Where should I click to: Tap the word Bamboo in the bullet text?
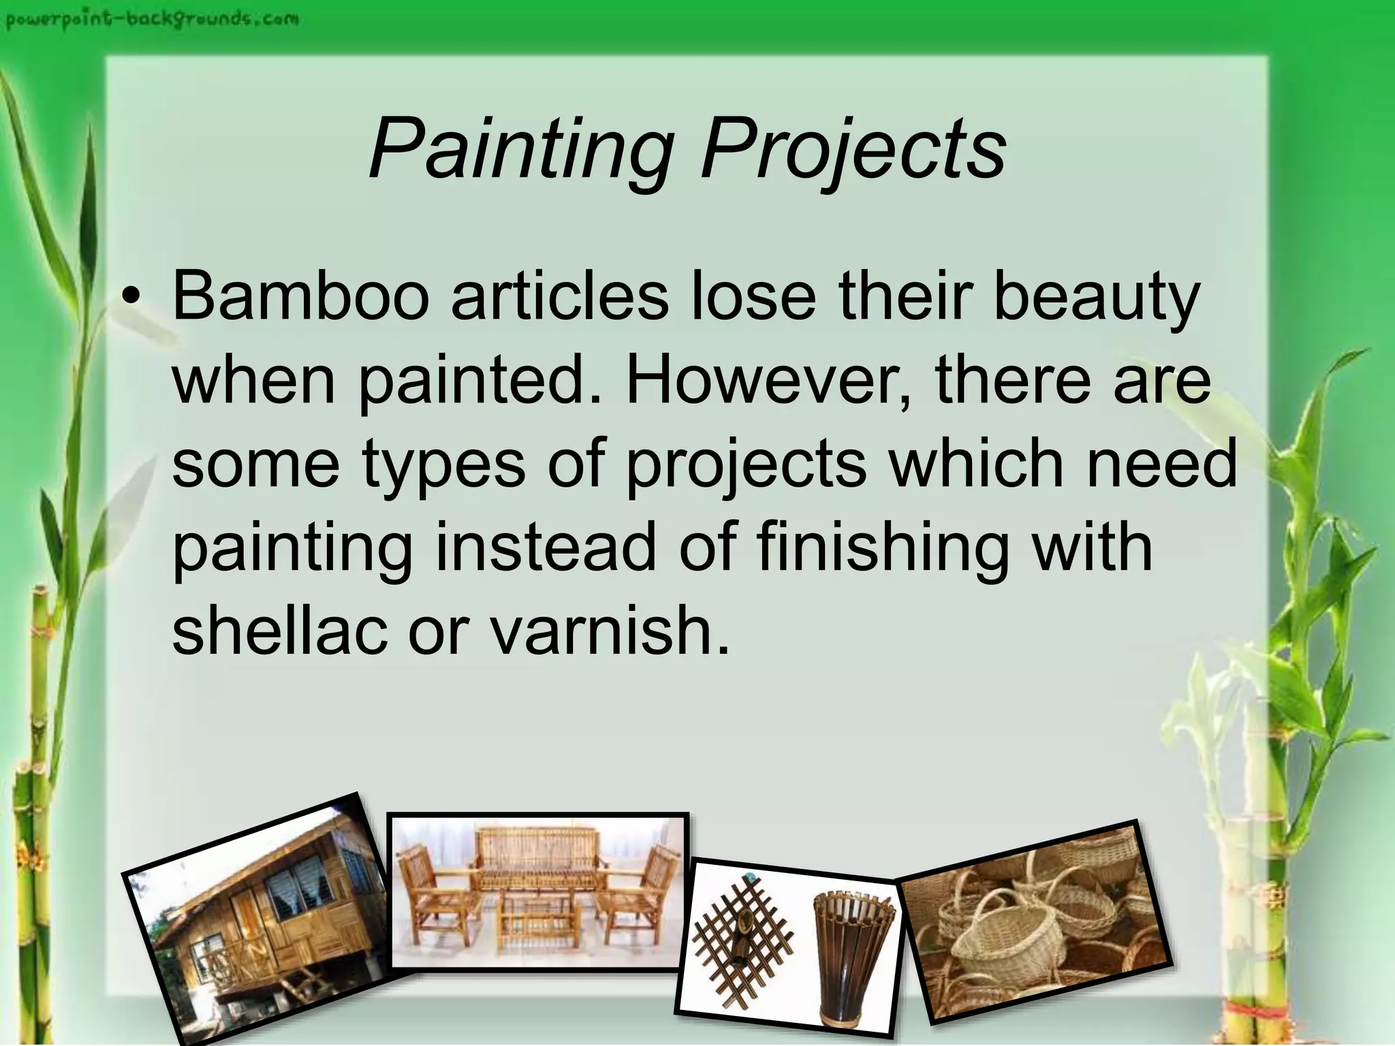pyautogui.click(x=300, y=297)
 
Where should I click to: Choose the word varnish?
pyautogui.click(x=609, y=631)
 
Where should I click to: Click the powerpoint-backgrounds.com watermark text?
pyautogui.click(x=151, y=18)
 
